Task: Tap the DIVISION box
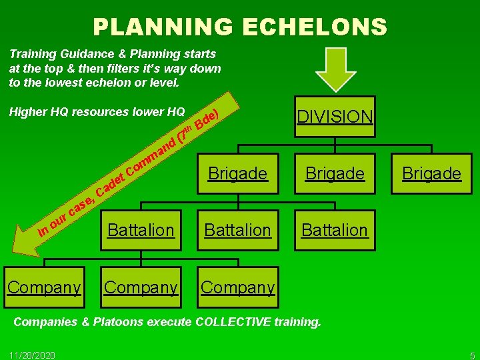[335, 117]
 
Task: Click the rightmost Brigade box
[431, 173]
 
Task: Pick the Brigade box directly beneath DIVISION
[335, 173]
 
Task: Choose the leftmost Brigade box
[238, 173]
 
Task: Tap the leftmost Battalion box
[141, 230]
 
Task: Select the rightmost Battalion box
[335, 230]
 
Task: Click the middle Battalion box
[238, 230]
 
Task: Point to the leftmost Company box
[44, 287]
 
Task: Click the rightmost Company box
[238, 287]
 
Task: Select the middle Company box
[141, 287]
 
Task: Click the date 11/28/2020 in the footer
[33, 354]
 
